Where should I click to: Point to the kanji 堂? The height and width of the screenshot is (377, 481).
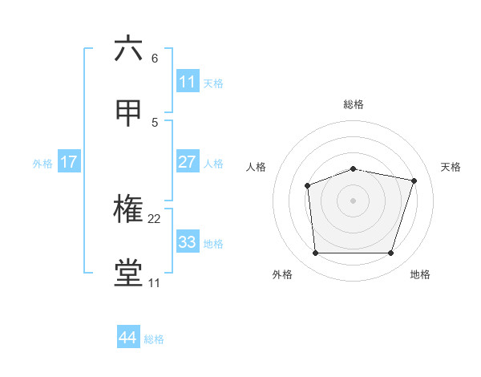(x=129, y=274)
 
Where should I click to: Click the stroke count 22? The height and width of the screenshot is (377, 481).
(x=155, y=218)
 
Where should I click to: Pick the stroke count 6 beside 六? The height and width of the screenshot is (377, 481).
(x=155, y=59)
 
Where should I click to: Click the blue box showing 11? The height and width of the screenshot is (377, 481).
(x=188, y=82)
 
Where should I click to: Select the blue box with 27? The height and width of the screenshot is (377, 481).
(x=188, y=162)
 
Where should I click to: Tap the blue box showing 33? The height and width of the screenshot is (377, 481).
(x=188, y=242)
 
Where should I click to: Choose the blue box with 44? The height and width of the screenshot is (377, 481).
(x=127, y=338)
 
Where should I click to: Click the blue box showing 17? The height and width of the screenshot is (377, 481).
(x=69, y=162)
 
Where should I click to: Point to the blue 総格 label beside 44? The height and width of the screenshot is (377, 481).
(x=154, y=339)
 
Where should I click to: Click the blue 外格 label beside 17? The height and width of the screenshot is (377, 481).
(x=42, y=163)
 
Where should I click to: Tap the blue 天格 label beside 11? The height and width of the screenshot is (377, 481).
(x=213, y=83)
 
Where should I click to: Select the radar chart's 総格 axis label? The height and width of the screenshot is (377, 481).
(x=354, y=104)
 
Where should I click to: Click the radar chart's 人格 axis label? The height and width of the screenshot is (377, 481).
(x=257, y=167)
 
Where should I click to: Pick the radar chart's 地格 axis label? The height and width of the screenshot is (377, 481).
(x=420, y=274)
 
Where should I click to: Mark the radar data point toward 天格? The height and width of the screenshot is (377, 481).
(x=414, y=180)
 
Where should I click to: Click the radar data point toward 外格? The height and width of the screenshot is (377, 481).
(x=315, y=253)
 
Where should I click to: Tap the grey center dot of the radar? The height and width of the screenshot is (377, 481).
(x=354, y=201)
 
